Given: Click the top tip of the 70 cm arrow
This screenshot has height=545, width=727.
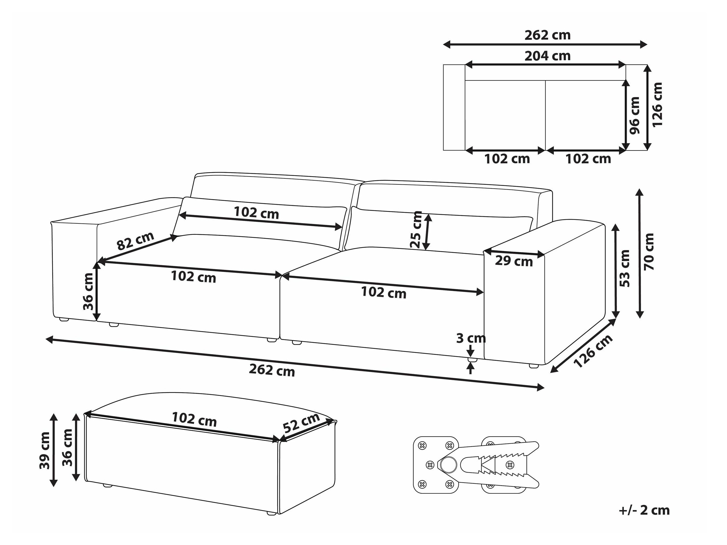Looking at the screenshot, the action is coord(640,189).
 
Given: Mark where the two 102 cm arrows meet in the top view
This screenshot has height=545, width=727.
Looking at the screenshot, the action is coord(546,151).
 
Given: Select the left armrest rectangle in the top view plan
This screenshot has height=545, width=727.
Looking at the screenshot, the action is coord(454,107).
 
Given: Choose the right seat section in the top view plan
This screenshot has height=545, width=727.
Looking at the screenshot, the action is coord(585,115).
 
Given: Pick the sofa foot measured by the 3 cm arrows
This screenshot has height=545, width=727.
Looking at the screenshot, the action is coord(472,360).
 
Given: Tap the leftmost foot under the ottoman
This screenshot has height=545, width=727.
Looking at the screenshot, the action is coord(107,485).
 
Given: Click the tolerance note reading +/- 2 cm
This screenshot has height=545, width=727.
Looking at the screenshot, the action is coord(644,510).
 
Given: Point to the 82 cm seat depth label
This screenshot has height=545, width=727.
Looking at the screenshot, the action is coord(135,241).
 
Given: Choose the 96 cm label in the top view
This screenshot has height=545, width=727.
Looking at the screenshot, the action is coord(635,115).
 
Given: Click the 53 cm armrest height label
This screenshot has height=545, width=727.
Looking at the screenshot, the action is coord(625,268).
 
